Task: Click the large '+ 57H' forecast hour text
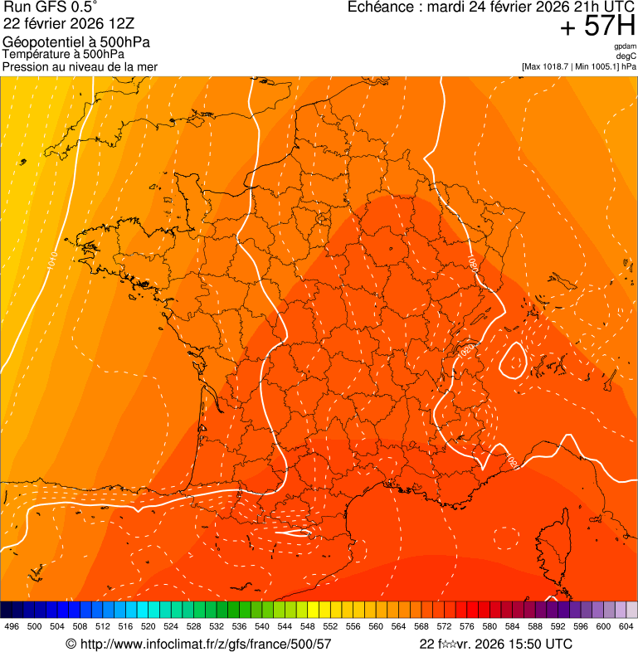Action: click(597, 27)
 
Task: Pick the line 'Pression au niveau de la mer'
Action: click(80, 66)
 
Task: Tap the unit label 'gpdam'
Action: click(625, 46)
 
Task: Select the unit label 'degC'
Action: click(627, 56)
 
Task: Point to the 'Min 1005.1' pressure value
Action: click(597, 66)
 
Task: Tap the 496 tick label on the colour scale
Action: click(12, 626)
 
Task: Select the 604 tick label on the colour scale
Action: click(626, 626)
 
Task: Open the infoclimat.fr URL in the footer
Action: click(198, 644)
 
